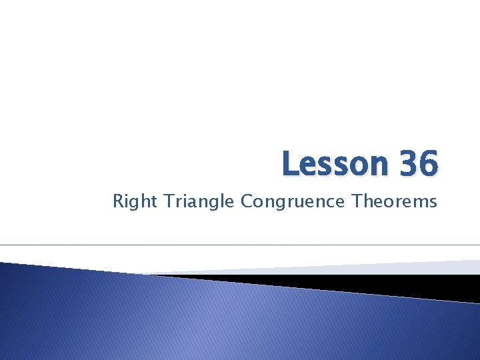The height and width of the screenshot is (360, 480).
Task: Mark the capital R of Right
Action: point(118,200)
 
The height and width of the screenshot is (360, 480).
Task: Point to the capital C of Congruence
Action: point(247,200)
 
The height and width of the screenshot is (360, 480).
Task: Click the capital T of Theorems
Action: point(358,200)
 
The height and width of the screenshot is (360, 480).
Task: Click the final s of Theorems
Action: point(433,201)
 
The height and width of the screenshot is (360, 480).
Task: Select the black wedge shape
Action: point(373,283)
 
